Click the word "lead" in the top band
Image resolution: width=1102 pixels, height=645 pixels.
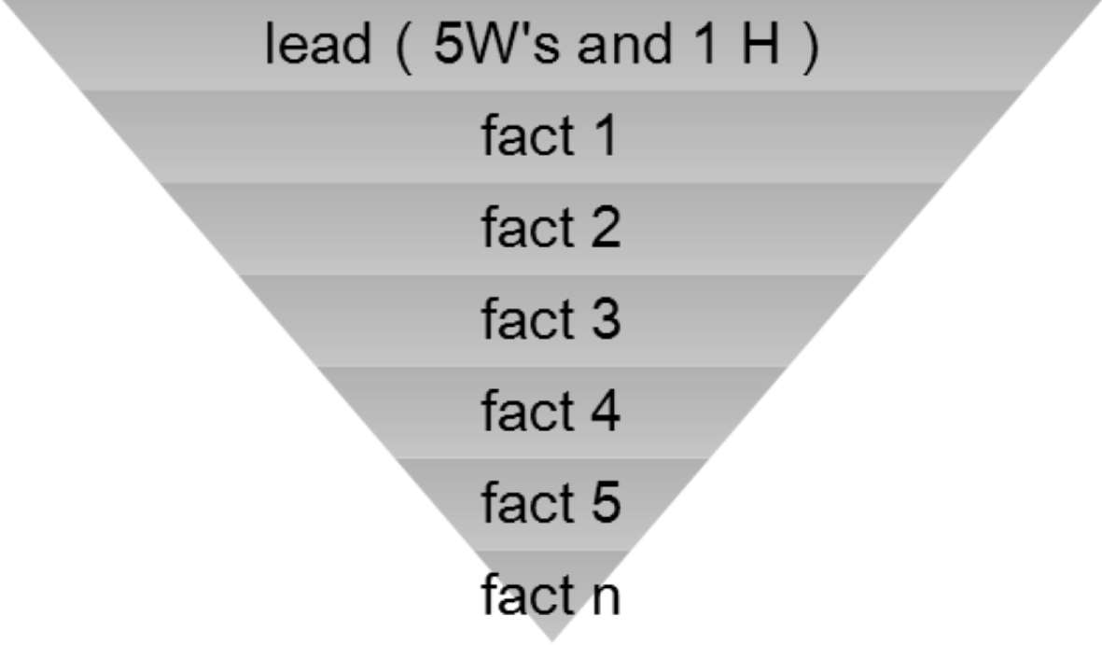[317, 45]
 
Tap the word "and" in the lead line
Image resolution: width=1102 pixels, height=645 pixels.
[622, 45]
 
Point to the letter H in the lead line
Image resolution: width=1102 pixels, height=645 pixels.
[760, 45]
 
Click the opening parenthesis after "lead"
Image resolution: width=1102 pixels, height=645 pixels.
[402, 47]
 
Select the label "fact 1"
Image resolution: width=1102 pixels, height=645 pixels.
[550, 136]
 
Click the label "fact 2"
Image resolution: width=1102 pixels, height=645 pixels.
[550, 228]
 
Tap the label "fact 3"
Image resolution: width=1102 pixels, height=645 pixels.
[550, 319]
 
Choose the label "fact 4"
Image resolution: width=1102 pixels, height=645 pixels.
[550, 411]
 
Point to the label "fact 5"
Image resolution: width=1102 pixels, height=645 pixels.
[550, 502]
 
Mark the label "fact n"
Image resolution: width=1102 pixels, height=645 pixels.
[550, 594]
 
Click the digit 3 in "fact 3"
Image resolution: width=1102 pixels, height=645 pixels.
[604, 319]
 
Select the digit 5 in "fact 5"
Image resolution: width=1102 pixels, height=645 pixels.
[604, 502]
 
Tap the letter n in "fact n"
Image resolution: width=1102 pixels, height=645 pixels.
[604, 597]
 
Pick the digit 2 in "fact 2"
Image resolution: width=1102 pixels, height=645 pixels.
[604, 228]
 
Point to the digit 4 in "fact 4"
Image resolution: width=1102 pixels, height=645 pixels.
[604, 411]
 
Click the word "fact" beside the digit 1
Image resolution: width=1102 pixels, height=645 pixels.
[527, 136]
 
